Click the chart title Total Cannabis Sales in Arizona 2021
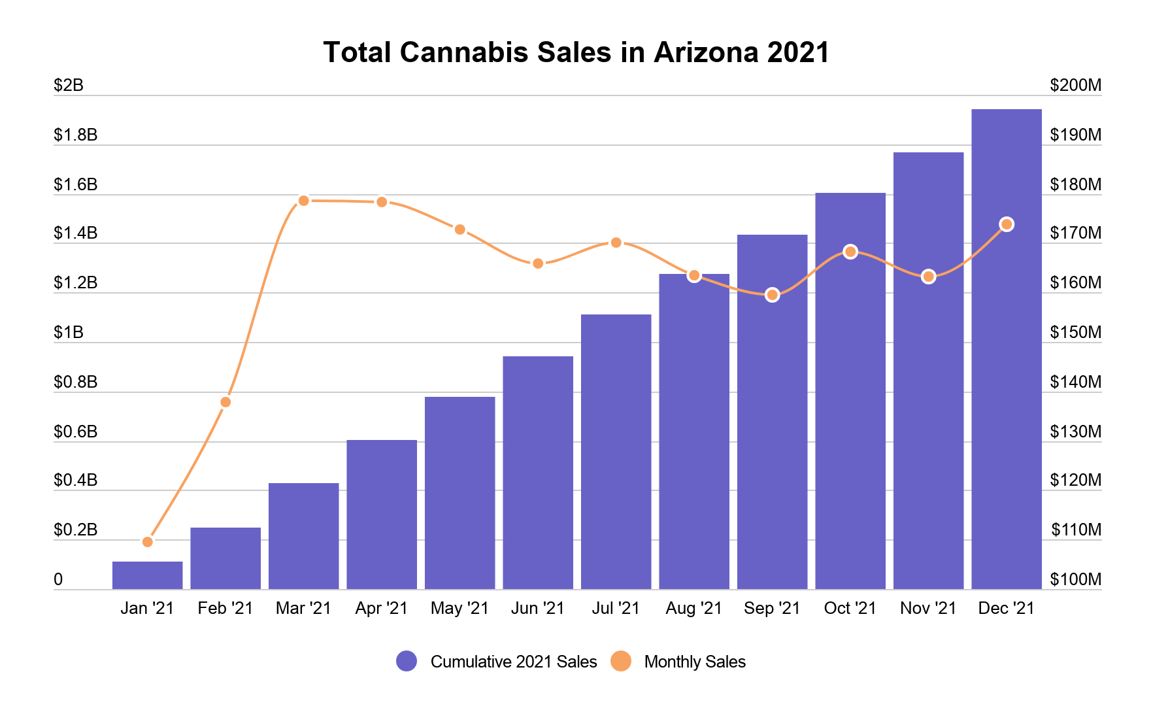coord(576,52)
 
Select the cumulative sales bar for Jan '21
coord(147,575)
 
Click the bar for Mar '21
coord(303,536)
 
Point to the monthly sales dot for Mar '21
coord(303,201)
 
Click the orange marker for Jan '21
coord(147,542)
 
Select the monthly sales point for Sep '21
coord(772,295)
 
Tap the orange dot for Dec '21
coord(1007,224)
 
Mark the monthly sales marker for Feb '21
coord(225,402)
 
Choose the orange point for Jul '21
coord(616,243)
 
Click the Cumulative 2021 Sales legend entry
coord(497,662)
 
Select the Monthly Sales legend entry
coord(679,662)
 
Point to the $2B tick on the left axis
coord(69,85)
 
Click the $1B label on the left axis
coord(69,332)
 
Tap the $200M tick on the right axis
coord(1075,85)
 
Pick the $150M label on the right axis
coord(1075,332)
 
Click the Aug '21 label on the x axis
coord(693,608)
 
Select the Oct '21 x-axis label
coord(850,608)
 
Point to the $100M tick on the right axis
coord(1075,579)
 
